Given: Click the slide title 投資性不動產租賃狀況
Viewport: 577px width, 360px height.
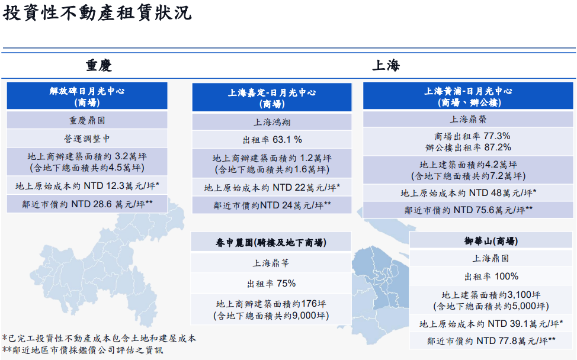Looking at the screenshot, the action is point(97,13).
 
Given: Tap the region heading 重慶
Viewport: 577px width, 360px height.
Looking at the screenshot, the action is point(98,66).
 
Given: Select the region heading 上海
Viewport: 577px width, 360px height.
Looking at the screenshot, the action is point(386,66).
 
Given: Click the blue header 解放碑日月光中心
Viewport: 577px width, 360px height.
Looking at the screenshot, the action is point(87,96).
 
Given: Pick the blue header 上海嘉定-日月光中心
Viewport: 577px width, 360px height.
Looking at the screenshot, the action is point(272,98).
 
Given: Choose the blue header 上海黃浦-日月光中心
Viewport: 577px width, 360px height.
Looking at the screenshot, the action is point(468,96).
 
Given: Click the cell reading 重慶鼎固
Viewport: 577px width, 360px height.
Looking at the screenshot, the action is point(87,120).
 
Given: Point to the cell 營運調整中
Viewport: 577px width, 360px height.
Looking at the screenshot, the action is point(87,139).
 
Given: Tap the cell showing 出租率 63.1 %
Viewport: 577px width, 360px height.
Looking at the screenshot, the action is point(272,140).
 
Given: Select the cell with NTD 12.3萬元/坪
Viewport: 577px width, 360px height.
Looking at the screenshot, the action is point(87,186).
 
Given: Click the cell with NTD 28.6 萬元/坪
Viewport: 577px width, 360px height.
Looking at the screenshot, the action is point(87,204).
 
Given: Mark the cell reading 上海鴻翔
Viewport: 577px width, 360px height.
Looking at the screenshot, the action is point(272,122).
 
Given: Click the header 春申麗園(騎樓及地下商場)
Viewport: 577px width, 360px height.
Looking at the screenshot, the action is point(271,242).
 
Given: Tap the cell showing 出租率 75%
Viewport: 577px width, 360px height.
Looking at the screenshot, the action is point(271,284).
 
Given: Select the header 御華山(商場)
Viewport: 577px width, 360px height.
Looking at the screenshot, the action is point(491,241).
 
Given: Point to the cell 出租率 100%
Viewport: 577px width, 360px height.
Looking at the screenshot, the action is point(491,277).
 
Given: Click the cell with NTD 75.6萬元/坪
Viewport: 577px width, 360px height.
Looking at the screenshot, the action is point(468,210).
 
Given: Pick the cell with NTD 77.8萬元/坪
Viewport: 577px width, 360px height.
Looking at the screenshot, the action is point(491,341).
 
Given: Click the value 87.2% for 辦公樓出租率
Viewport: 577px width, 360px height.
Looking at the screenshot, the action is point(498,147).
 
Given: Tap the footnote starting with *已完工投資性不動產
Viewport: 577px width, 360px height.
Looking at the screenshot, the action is point(99,338).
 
